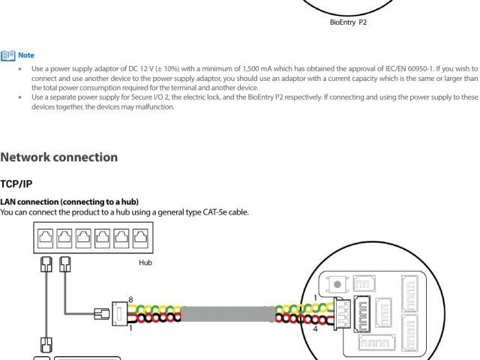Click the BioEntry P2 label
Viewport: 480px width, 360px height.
tap(348, 22)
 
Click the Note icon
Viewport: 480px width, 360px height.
tap(8, 55)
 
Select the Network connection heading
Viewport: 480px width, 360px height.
tap(58, 157)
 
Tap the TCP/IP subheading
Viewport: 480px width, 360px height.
tap(16, 184)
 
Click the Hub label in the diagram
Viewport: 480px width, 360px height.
tap(145, 262)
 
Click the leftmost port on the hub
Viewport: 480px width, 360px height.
tap(45, 240)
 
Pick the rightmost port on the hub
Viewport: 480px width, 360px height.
tap(139, 240)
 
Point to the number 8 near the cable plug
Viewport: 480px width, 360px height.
tap(130, 300)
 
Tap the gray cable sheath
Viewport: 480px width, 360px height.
tap(225, 314)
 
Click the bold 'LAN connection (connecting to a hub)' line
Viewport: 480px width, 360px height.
tap(69, 202)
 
